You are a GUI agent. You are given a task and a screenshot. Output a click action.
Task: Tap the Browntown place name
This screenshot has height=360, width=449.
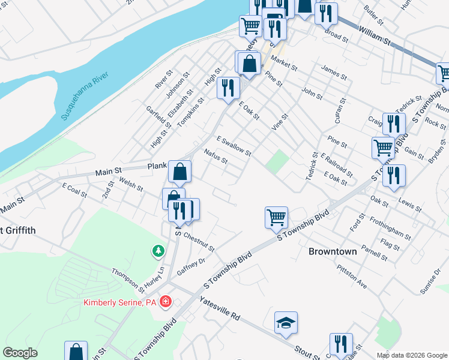(333, 251)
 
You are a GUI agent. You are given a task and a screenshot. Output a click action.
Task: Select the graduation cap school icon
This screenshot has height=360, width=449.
(286, 323)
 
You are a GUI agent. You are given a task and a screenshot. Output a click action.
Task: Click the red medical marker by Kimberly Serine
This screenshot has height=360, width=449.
(166, 302)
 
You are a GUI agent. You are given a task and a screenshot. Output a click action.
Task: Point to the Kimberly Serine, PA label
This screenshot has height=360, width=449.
(120, 302)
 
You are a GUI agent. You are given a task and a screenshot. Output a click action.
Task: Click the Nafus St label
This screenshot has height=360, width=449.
(215, 157)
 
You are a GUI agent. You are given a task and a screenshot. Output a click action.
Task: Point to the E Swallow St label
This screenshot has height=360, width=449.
(234, 145)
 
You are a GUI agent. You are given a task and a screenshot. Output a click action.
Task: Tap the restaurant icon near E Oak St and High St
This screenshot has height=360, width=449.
(228, 88)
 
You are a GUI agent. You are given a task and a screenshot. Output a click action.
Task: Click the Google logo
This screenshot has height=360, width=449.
(19, 352)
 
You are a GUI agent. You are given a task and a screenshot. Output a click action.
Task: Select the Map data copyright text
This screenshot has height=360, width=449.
(412, 355)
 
